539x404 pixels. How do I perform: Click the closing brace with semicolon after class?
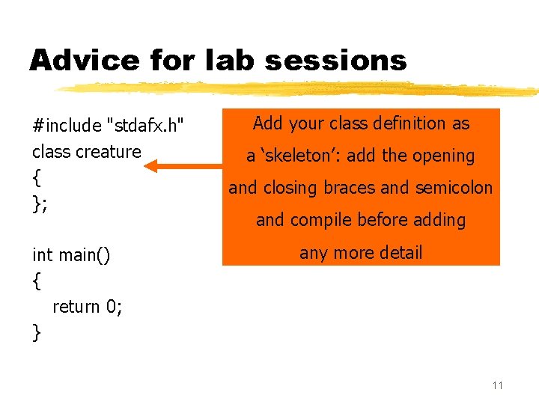40,204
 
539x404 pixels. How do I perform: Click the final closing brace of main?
37,332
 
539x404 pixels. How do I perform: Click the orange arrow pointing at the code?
184,165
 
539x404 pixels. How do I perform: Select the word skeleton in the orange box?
307,156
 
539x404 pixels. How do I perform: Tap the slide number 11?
498,385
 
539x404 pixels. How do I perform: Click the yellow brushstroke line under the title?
299,89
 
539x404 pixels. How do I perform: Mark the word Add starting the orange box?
267,123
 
